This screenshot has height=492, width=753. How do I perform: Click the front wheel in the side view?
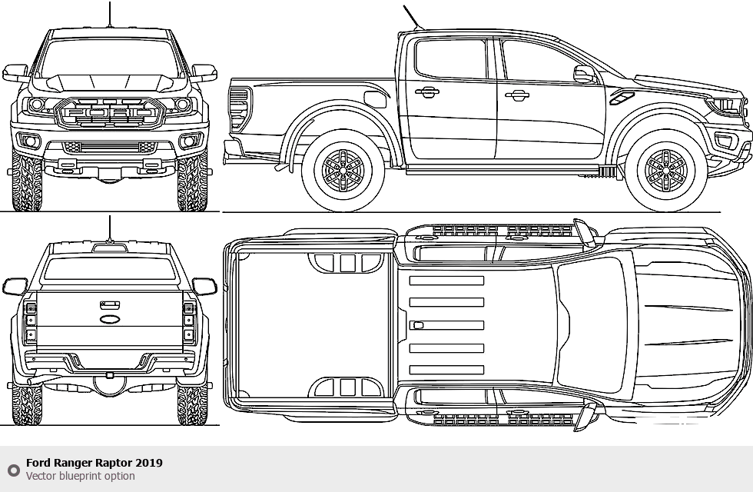pos(665,170)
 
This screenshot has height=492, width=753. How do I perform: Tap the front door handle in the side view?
pos(517,95)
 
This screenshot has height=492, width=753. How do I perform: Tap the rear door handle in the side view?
pos(427,92)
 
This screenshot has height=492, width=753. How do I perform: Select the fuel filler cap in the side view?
pos(375,99)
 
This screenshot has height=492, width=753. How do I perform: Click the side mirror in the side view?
pos(584,75)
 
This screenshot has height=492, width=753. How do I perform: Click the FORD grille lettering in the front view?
pos(109,114)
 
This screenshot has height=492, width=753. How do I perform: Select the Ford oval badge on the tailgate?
pos(110,317)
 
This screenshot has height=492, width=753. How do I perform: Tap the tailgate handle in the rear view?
pos(110,305)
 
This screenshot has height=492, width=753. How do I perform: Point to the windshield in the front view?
pos(109,58)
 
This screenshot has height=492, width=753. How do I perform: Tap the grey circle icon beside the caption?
pos(13,470)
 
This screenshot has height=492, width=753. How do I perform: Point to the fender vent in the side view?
pos(622,98)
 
